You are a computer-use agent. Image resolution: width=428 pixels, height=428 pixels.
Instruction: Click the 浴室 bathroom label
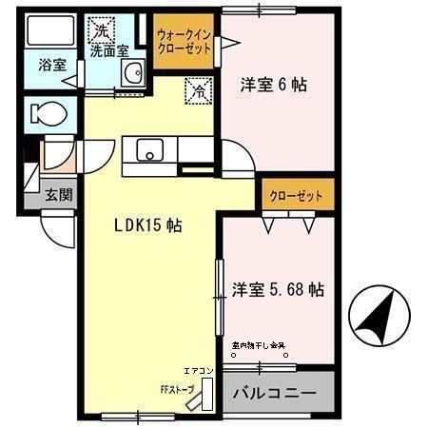pos(52,66)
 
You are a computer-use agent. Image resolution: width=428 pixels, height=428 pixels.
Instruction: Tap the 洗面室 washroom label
pos(109,51)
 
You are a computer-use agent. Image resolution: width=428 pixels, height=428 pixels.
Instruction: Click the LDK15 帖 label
pos(148,226)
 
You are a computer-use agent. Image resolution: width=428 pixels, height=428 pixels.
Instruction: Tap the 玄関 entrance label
pos(58,195)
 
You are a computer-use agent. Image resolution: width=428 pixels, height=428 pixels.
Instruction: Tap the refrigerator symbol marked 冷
pos(199,92)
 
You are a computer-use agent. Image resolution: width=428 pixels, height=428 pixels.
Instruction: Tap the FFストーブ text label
pos(176,388)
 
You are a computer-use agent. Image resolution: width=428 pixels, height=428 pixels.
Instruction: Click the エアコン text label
pos(199,370)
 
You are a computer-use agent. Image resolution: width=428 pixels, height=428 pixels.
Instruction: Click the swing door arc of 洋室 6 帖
pos(236,154)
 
